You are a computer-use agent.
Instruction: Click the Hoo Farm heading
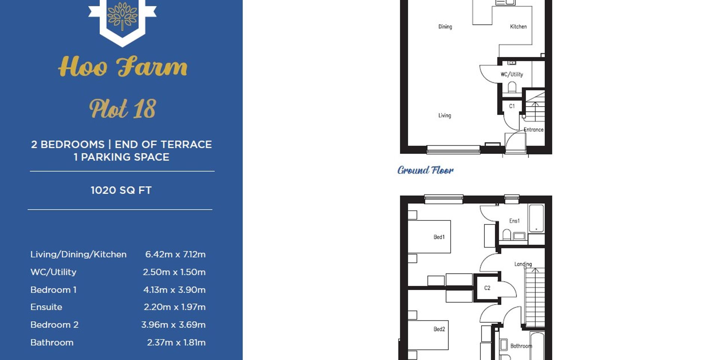tap(123, 67)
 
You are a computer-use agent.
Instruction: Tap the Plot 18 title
tap(123, 109)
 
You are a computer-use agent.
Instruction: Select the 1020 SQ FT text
tap(121, 190)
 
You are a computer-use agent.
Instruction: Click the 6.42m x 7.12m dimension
tap(175, 254)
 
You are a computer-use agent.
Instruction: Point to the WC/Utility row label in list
tap(53, 272)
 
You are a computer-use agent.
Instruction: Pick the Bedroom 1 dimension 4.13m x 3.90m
tap(174, 290)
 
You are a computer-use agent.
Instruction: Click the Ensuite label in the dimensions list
tap(46, 307)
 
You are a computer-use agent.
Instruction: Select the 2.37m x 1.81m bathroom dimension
tap(176, 342)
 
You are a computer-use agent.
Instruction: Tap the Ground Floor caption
tap(425, 170)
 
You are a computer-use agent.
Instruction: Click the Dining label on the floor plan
tap(445, 27)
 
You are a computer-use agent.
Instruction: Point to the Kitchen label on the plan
tap(518, 27)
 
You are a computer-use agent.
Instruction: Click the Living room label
tap(445, 116)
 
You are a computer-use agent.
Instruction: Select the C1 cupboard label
tap(512, 106)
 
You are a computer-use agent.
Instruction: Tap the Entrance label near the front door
tap(533, 130)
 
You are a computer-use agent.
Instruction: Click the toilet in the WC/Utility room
tap(512, 88)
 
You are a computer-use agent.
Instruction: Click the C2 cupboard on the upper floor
tap(487, 288)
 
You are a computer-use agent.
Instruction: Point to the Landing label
tap(523, 264)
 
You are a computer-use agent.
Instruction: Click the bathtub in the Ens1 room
tap(536, 219)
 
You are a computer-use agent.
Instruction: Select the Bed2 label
tap(439, 329)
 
